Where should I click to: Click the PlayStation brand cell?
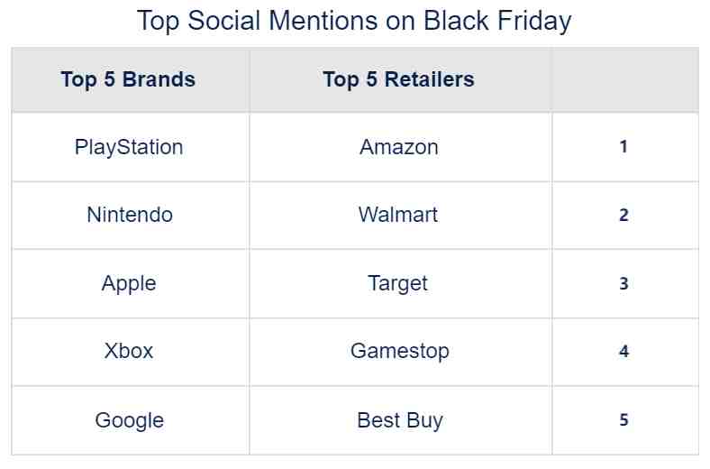(x=129, y=147)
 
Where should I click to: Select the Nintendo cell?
(x=130, y=215)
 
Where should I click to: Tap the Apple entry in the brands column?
(x=129, y=284)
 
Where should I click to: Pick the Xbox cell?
(x=129, y=351)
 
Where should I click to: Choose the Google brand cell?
(x=130, y=420)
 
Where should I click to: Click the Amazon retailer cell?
(x=399, y=147)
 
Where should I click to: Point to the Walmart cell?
(x=398, y=215)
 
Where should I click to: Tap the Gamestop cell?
(x=400, y=352)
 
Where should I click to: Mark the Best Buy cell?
(x=400, y=420)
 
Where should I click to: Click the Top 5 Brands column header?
(x=129, y=79)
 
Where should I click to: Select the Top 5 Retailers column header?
(x=399, y=79)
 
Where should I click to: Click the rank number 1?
(x=624, y=147)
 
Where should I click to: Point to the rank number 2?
(x=624, y=216)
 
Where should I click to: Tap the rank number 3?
(x=624, y=284)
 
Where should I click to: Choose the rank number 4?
(x=624, y=351)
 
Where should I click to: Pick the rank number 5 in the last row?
(x=624, y=419)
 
